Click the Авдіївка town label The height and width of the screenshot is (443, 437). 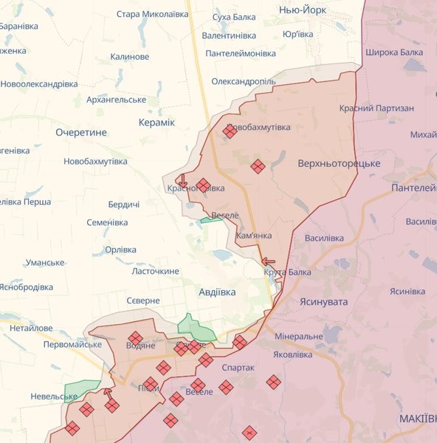click(217, 292)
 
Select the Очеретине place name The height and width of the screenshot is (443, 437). click(81, 132)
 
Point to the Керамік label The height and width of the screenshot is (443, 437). click(156, 122)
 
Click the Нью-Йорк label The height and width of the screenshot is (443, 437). click(303, 9)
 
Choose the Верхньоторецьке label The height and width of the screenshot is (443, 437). click(339, 162)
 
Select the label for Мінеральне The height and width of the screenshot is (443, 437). click(298, 336)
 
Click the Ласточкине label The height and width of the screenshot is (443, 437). click(155, 271)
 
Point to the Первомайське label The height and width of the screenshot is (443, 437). click(72, 345)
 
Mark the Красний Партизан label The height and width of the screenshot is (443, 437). click(376, 108)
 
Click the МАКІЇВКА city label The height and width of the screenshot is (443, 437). click(417, 419)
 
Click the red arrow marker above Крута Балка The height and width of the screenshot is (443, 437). click(268, 261)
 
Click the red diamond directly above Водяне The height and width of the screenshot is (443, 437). click(135, 337)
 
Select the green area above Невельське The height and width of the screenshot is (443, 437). click(81, 388)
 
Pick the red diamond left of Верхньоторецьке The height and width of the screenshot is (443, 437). click(257, 167)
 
